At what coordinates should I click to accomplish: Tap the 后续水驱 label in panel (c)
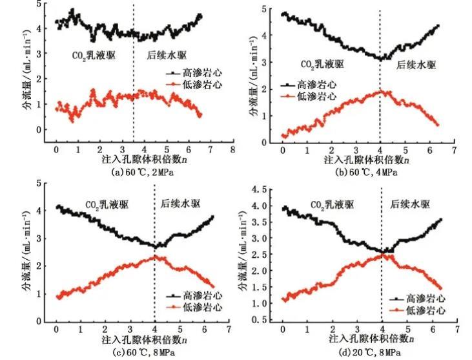180,204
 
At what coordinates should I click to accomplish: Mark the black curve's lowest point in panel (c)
155,246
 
